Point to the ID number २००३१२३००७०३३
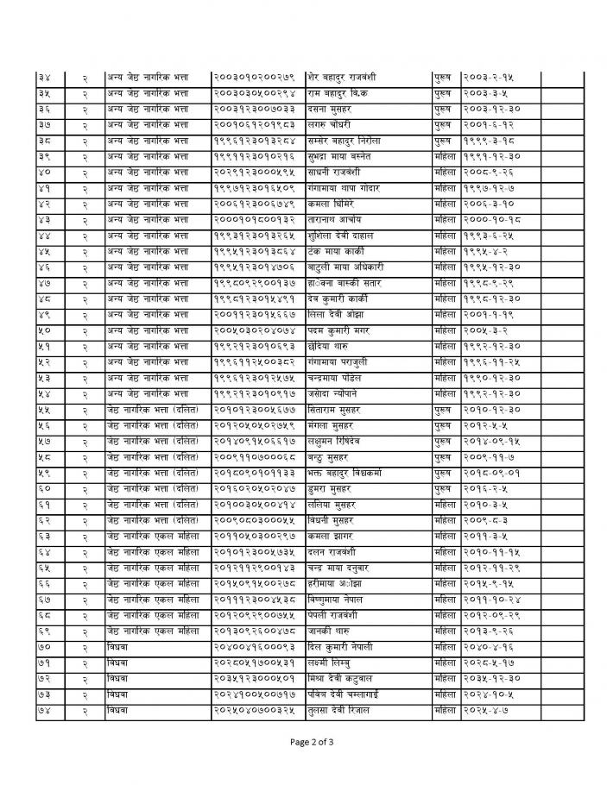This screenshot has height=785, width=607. [255, 110]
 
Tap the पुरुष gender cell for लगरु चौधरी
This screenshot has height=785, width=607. [446, 125]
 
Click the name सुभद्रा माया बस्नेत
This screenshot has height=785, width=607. [339, 156]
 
